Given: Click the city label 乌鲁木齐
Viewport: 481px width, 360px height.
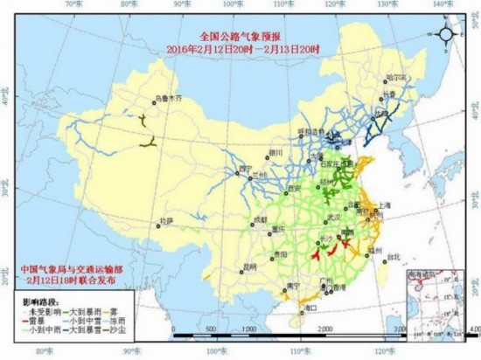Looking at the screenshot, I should click(x=171, y=99).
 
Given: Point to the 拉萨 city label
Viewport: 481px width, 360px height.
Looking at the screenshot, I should click(x=165, y=222).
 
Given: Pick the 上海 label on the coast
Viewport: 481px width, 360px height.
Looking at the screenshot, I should click(x=380, y=204).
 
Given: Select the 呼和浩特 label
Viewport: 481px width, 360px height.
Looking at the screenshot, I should click(x=310, y=131).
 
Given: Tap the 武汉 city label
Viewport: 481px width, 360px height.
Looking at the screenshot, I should click(x=332, y=217).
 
